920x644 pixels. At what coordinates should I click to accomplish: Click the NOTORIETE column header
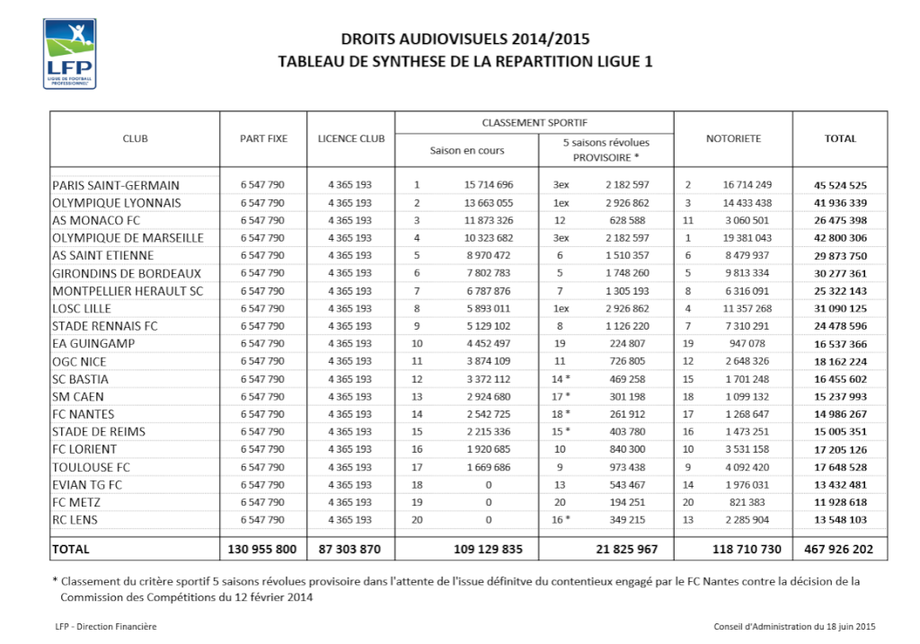(733, 138)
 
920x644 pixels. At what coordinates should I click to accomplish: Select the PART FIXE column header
(263, 138)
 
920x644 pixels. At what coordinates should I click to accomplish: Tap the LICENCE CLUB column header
(350, 138)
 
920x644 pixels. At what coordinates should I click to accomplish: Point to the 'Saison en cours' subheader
(467, 150)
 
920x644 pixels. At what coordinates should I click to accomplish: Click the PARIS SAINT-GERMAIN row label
(116, 185)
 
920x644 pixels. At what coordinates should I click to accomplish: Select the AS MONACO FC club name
(96, 220)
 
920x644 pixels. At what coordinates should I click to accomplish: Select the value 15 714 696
(489, 185)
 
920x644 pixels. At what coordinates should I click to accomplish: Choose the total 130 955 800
(262, 548)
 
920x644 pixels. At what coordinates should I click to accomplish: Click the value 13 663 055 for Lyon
(489, 203)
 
